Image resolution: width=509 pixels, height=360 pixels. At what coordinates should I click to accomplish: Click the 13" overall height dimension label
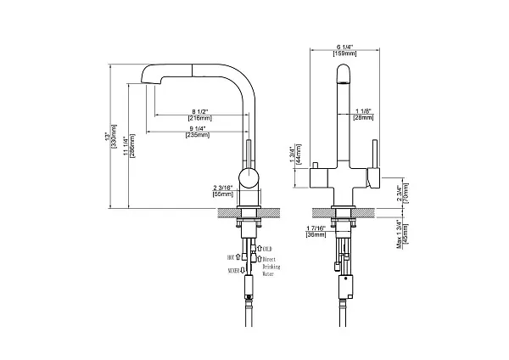coord(109,136)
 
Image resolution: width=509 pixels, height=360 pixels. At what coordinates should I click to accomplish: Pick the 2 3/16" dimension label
coord(223,188)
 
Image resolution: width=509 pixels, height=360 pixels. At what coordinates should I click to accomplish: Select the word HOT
coord(231,255)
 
